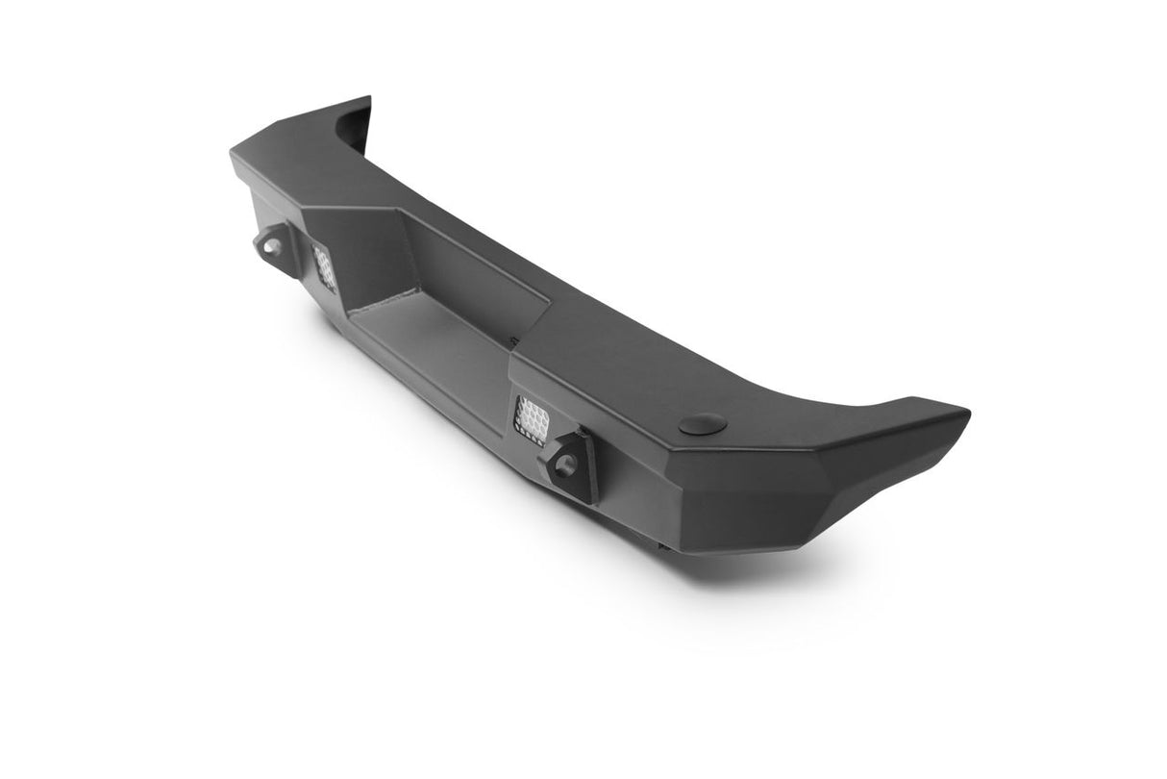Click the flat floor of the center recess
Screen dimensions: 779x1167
click(433, 346)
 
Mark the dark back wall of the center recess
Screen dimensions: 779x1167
click(481, 279)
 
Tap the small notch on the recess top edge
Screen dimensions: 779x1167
click(515, 339)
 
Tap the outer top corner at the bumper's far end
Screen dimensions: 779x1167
click(235, 154)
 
